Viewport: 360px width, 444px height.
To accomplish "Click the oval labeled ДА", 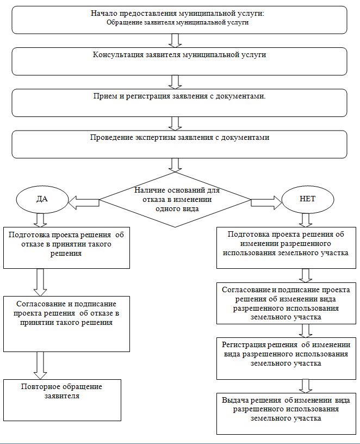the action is point(42,199).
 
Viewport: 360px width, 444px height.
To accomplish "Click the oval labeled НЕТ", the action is point(308,199).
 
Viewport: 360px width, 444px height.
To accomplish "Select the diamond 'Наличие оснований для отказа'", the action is point(175,200).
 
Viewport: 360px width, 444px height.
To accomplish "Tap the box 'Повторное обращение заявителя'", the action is point(62,400).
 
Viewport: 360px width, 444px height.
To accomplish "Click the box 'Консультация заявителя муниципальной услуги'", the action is point(179,61).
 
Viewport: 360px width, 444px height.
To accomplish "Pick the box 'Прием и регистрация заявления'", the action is point(179,103).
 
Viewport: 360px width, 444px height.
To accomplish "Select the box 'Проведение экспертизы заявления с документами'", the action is point(179,144).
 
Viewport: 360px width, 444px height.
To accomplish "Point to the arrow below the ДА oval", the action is point(40,220).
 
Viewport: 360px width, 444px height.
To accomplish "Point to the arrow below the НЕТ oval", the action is point(306,220).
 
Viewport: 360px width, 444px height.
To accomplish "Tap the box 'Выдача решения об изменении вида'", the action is point(286,414).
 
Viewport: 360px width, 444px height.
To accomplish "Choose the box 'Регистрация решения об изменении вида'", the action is point(286,358).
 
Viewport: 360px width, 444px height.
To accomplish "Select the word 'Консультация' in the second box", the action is point(119,54).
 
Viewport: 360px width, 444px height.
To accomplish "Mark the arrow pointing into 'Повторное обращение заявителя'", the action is point(40,365).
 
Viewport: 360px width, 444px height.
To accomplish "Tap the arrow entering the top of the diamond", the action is point(175,165).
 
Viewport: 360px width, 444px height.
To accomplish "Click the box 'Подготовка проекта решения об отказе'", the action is point(66,248).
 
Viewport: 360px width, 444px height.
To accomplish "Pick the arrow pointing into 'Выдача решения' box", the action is point(306,386).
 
